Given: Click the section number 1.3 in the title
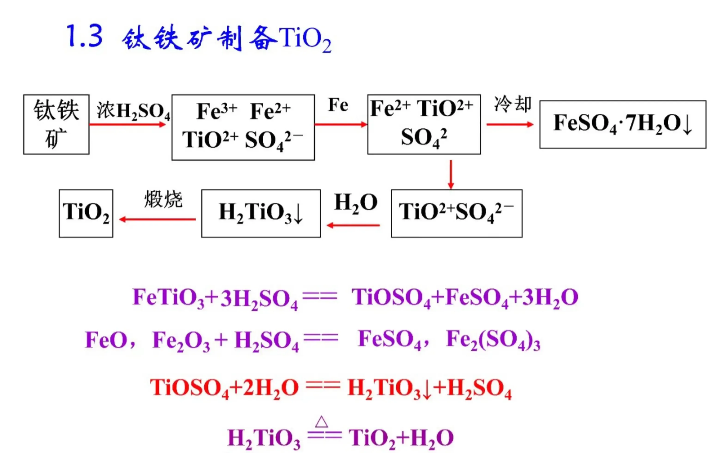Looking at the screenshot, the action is pos(85,36).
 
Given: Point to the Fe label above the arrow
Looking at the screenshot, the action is pos(338,105).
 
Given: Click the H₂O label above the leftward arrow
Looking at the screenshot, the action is pos(356,203).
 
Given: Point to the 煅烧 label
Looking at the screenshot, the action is pos(163,199).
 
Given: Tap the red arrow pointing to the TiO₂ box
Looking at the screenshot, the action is pos(157,219).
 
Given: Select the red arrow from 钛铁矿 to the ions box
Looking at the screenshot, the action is pos(127,124).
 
